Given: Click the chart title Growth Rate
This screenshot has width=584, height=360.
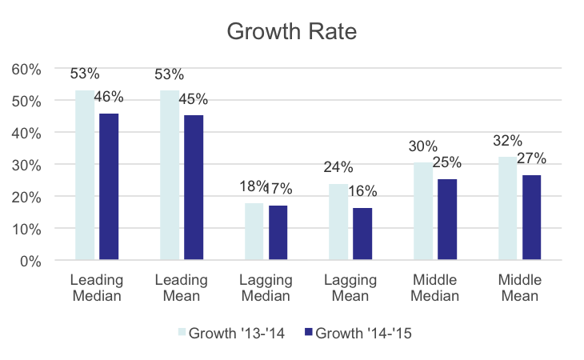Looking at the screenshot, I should point(291,32).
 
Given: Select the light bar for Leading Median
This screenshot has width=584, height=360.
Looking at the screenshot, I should point(85,175).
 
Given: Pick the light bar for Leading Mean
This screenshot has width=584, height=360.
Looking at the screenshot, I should point(170,175).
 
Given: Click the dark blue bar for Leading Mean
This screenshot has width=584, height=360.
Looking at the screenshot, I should point(193,187).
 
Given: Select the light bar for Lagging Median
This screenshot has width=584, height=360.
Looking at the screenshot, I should point(254,231).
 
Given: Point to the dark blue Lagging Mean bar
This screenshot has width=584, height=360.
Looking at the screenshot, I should point(362,234).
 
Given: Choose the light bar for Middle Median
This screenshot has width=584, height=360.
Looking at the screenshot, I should point(423,211).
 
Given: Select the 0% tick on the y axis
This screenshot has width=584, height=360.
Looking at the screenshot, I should point(30,261).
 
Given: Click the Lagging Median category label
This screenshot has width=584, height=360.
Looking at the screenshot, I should point(266,288).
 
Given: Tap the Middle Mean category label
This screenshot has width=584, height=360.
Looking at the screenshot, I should point(519,288).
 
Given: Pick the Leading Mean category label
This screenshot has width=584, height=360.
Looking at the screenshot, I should point(181,288).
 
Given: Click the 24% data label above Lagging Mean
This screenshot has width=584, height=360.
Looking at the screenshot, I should point(338,168).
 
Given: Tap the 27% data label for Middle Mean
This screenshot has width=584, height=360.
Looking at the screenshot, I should point(531,158).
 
